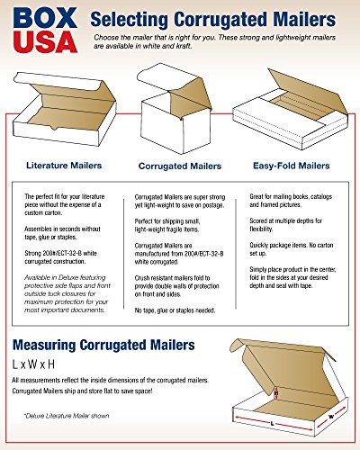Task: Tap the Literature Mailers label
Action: pyautogui.click(x=64, y=165)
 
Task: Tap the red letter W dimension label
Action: pyautogui.click(x=330, y=416)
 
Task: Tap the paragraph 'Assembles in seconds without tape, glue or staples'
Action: pyautogui.click(x=65, y=233)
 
